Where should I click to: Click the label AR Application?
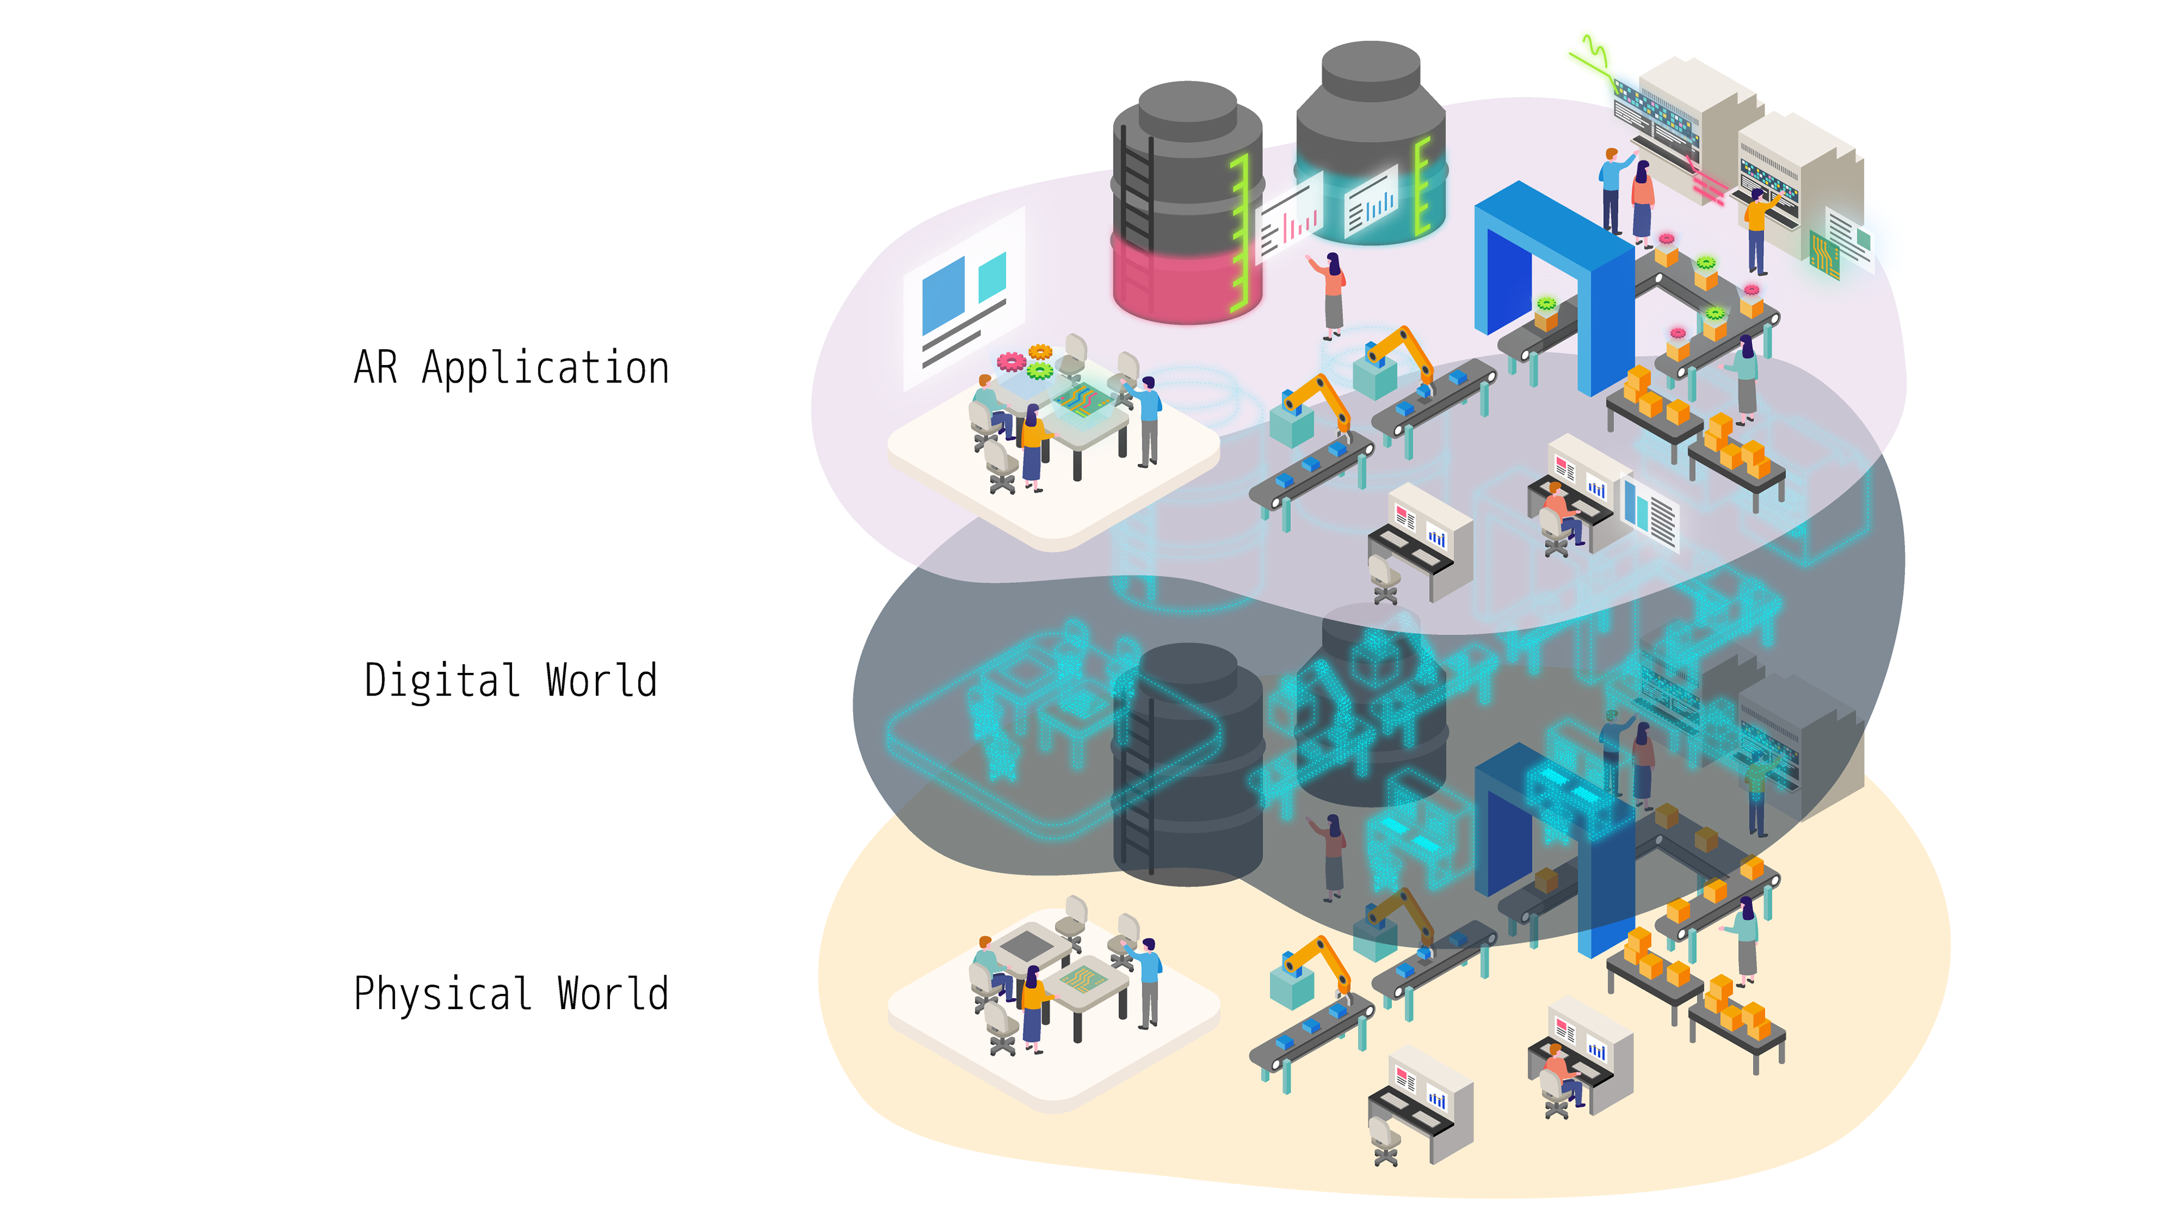tap(511, 369)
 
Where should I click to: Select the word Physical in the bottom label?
tap(442, 994)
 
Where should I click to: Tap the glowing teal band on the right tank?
tap(1369, 203)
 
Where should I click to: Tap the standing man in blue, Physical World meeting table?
tap(1147, 981)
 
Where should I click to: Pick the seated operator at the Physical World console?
tap(1559, 1078)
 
